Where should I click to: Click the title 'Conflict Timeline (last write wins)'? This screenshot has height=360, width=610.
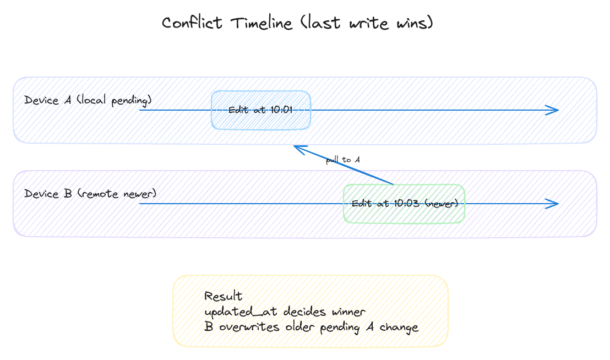pyautogui.click(x=298, y=23)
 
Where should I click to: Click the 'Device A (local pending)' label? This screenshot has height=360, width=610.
pyautogui.click(x=88, y=100)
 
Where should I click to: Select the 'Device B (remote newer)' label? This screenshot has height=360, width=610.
pyautogui.click(x=90, y=194)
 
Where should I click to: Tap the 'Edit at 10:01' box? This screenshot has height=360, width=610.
pyautogui.click(x=261, y=110)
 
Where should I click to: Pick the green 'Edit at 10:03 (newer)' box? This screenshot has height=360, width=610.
pyautogui.click(x=404, y=204)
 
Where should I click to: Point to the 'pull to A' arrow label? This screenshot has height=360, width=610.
pyautogui.click(x=342, y=160)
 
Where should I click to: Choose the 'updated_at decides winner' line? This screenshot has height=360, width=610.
pyautogui.click(x=285, y=312)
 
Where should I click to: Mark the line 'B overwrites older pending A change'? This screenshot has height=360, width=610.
pyautogui.click(x=311, y=328)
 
